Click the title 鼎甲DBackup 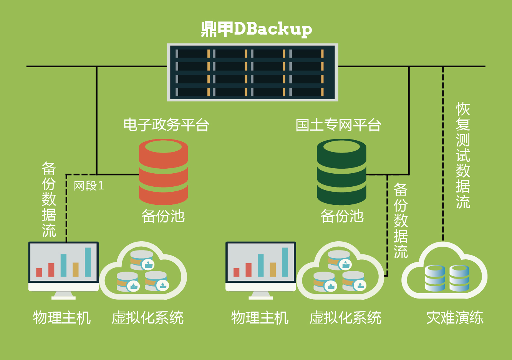pos(256,29)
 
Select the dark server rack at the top pos(252,72)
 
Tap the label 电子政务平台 pos(166,125)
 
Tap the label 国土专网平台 pos(338,125)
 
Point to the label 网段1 pos(89,186)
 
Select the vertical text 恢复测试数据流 pos(463,155)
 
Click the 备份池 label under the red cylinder pos(163,216)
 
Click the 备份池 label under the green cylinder pos(342,216)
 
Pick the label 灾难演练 pos(455,318)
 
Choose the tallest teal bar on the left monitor pos(88,262)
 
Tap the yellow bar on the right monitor pos(273,269)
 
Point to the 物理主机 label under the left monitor pos(62,318)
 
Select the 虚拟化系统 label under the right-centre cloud pos(345,318)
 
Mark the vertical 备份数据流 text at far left pos(49,199)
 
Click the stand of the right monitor pos(261,295)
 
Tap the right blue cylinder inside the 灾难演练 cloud pos(459,278)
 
